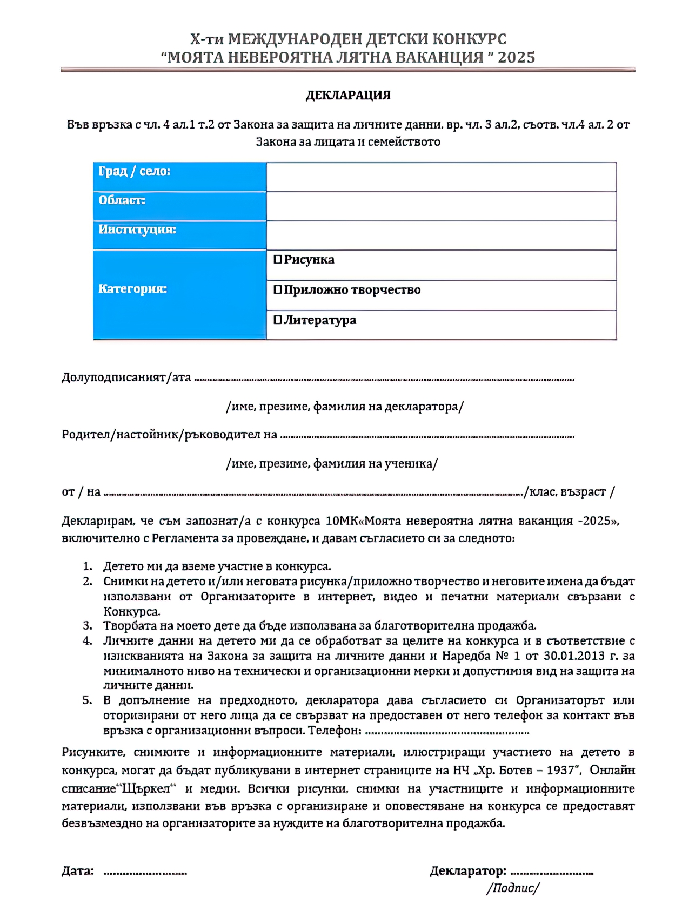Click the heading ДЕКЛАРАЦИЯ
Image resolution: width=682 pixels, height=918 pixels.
(347, 95)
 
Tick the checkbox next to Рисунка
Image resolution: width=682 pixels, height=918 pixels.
(278, 259)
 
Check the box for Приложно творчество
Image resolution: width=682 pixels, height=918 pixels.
(278, 289)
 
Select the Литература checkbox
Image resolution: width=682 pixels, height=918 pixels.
(278, 320)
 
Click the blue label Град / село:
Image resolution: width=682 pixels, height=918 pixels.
(134, 171)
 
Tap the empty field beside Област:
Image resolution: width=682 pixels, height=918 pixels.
(441, 206)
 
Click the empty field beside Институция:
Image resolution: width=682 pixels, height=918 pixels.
(441, 235)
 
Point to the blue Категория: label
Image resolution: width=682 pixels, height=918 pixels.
(132, 288)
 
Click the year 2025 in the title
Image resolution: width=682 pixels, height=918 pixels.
(516, 57)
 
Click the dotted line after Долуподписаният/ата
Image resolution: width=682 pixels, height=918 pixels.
(384, 380)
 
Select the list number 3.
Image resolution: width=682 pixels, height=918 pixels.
(87, 625)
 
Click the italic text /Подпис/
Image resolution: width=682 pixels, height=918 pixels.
(512, 888)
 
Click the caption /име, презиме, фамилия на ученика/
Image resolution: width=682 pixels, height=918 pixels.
(331, 463)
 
